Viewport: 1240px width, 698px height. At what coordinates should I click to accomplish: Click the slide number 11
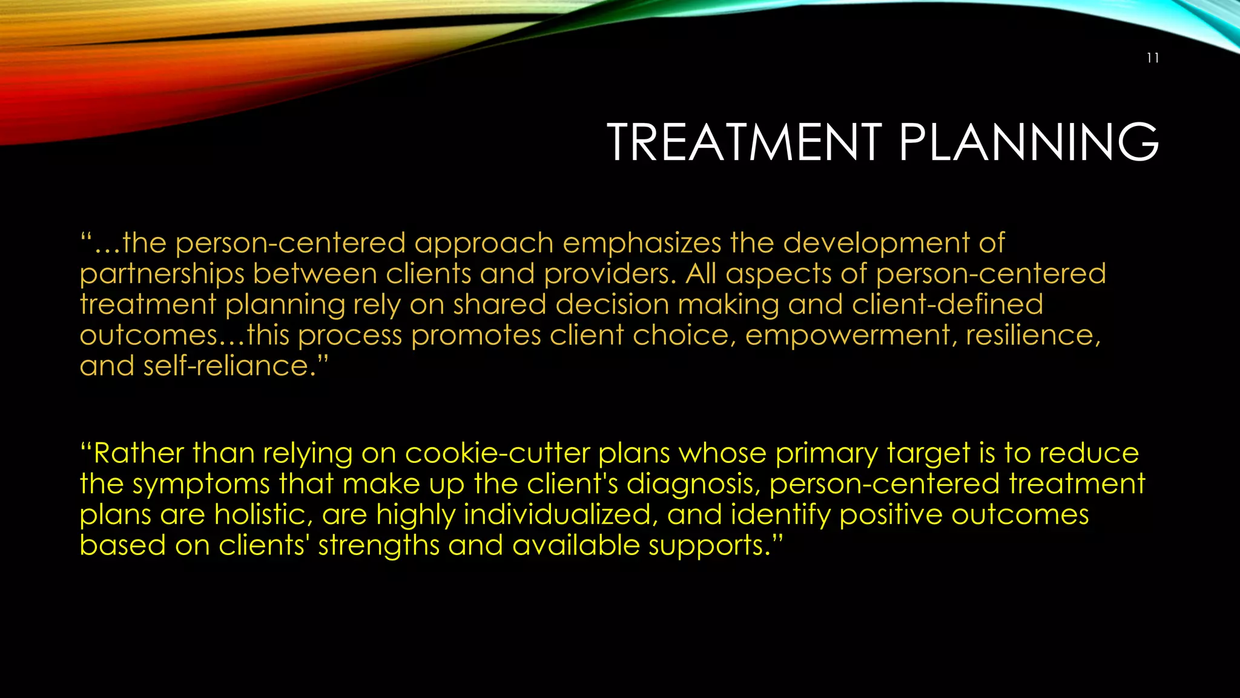pyautogui.click(x=1153, y=58)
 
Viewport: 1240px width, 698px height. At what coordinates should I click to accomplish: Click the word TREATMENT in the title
pyautogui.click(x=744, y=142)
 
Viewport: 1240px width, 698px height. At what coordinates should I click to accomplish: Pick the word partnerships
pyautogui.click(x=162, y=274)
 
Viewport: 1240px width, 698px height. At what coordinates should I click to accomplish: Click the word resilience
pyautogui.click(x=1032, y=336)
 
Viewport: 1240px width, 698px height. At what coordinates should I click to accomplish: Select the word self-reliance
pyautogui.click(x=229, y=366)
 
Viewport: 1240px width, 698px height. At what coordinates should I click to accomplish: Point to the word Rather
pyautogui.click(x=138, y=453)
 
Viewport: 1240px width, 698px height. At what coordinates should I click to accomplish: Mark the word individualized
pyautogui.click(x=561, y=515)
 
